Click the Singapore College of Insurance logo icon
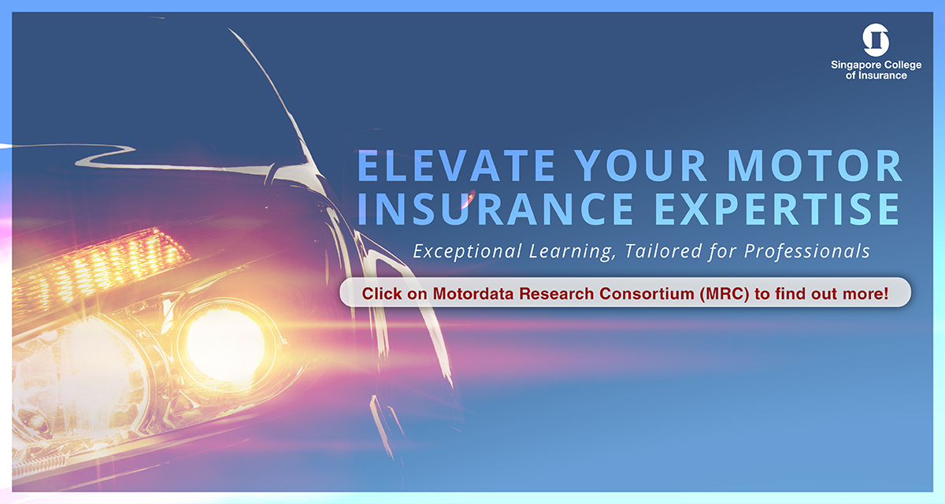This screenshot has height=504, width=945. point(876,40)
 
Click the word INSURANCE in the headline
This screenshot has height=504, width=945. point(495,209)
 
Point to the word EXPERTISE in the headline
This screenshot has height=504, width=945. point(778,209)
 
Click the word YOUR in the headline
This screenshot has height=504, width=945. point(641,165)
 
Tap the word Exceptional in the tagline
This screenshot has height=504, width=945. point(468,251)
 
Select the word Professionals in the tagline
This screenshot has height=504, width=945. point(806,251)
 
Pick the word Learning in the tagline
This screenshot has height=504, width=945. point(570,252)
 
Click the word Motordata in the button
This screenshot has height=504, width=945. point(473,294)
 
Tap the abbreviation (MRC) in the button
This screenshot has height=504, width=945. point(724,294)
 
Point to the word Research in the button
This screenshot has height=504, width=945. point(557,294)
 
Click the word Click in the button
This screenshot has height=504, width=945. point(382,294)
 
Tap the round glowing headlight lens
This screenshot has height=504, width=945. point(226,345)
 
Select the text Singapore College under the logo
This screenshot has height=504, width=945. point(876,65)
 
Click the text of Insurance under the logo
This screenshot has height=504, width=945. point(876,76)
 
